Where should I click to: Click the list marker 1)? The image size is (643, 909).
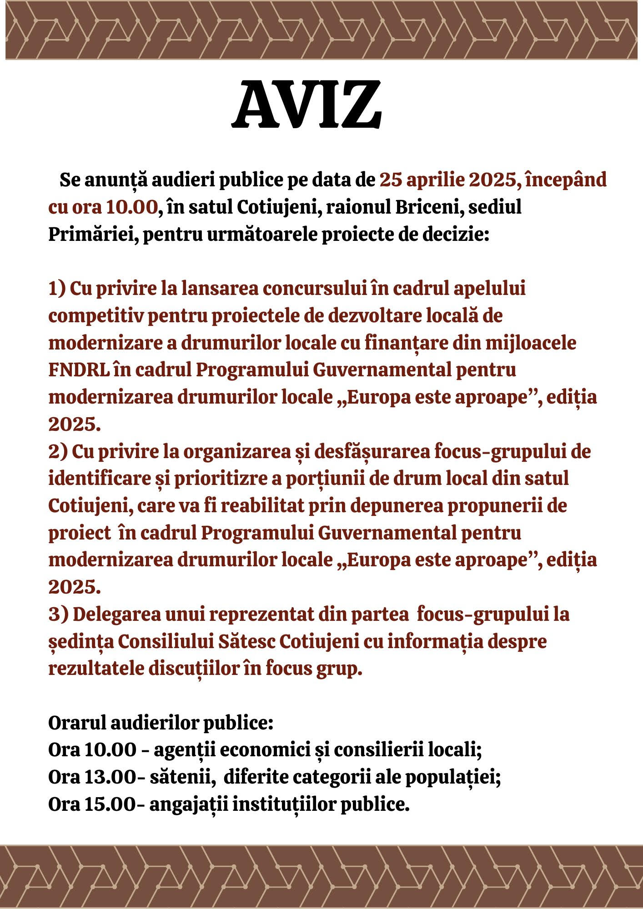[58, 289]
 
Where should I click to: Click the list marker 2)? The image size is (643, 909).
[58, 452]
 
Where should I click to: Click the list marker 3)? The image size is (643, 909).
[58, 615]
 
